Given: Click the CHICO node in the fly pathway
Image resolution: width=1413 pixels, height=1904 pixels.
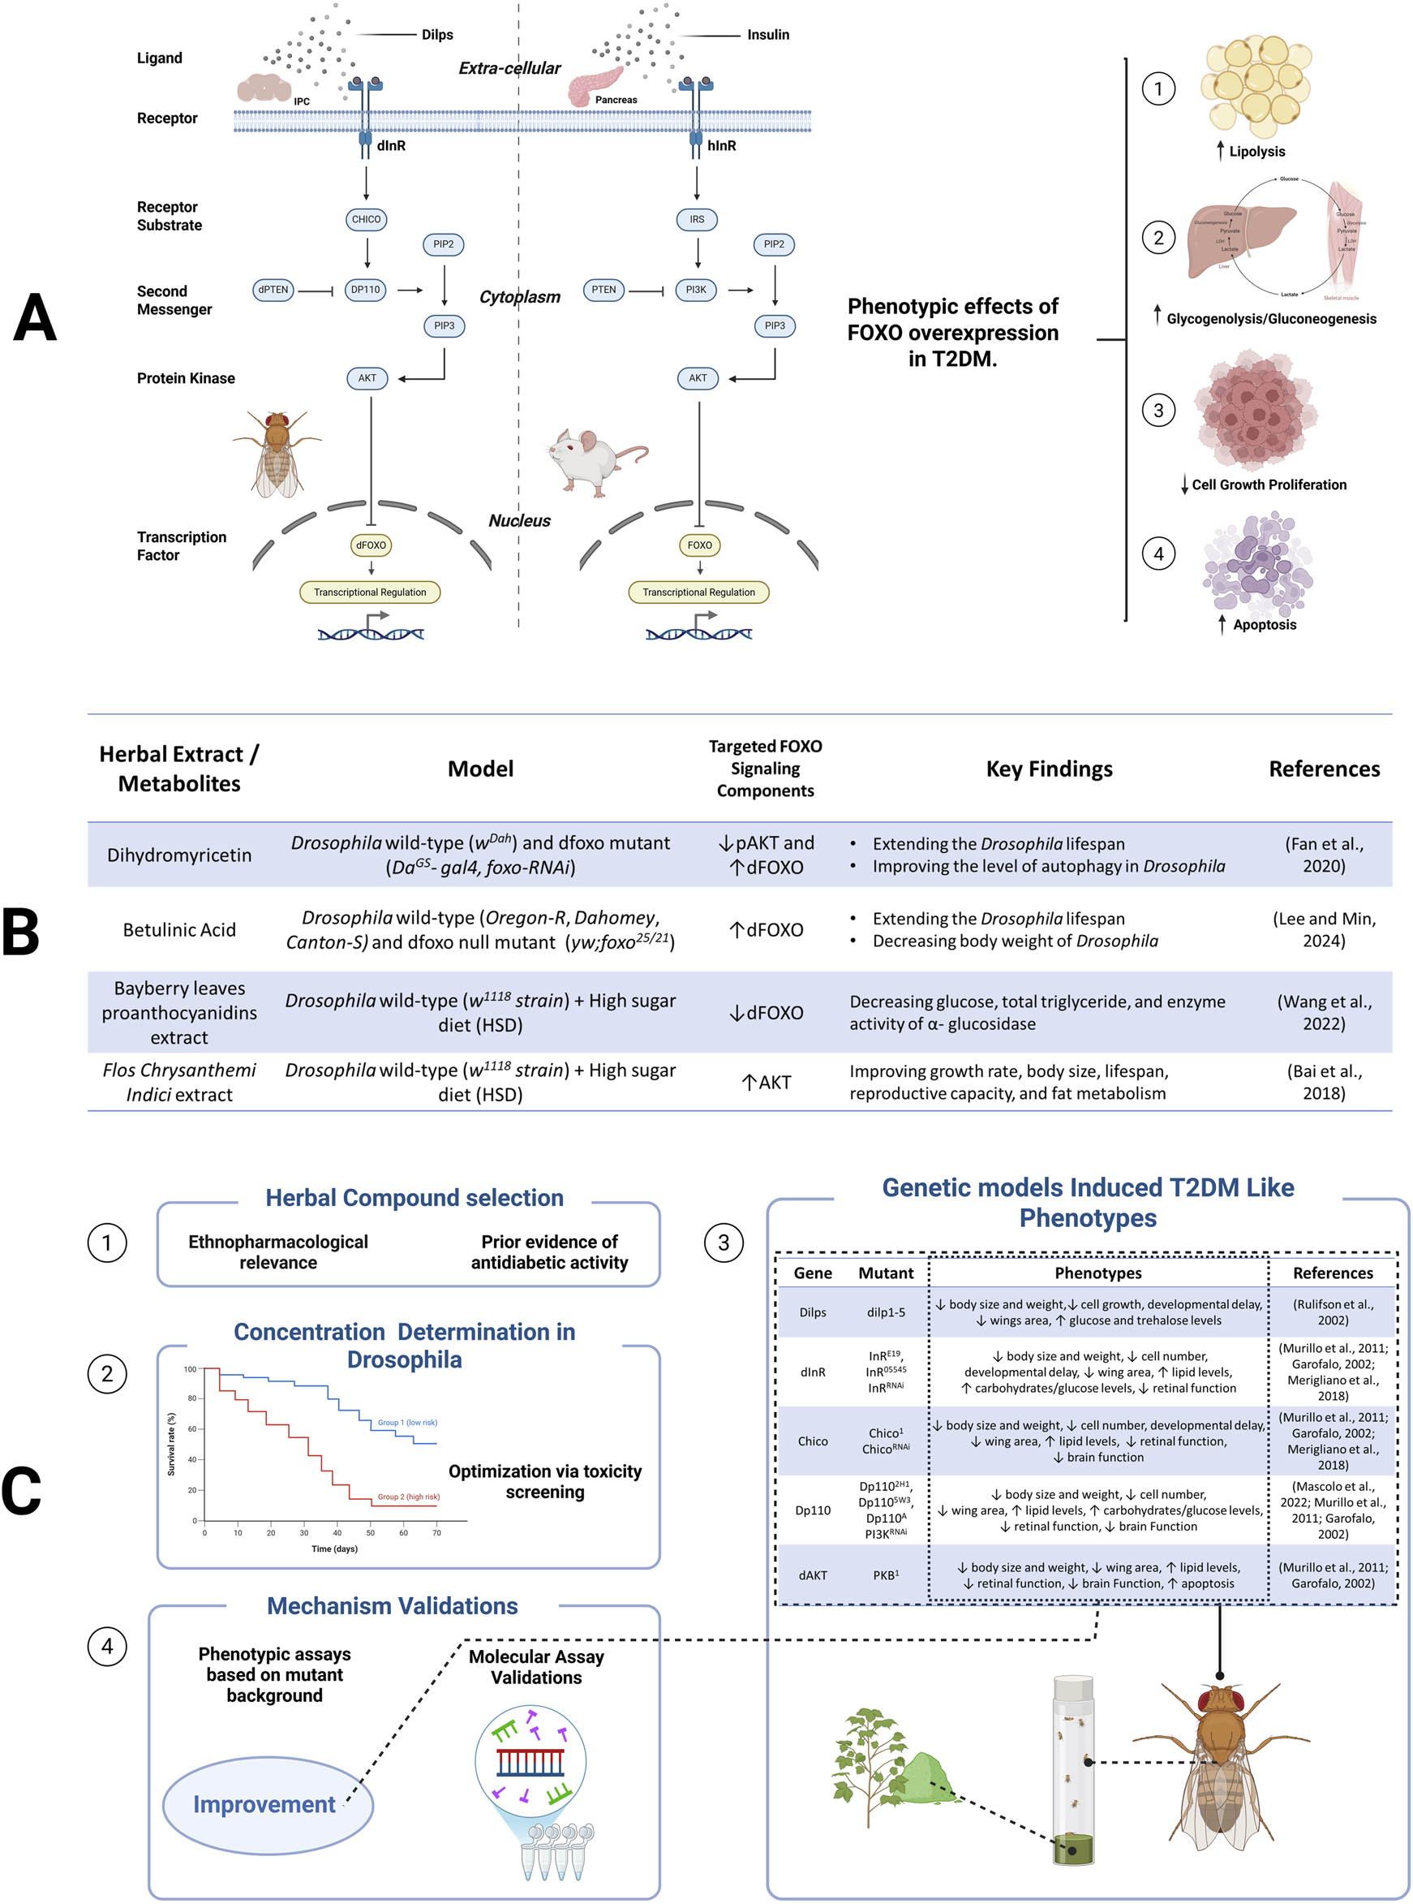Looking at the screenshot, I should (x=366, y=219).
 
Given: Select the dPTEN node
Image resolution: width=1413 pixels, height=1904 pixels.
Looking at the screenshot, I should (x=273, y=290).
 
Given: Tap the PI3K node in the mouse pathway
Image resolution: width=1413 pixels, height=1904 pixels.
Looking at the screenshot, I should (x=696, y=290).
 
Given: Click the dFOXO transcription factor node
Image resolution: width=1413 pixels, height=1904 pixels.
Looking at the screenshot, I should (x=372, y=545).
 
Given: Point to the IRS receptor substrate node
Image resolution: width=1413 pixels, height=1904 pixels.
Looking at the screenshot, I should (x=697, y=219).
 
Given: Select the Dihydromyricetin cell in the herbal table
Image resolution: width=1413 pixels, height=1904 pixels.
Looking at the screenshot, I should (x=178, y=855).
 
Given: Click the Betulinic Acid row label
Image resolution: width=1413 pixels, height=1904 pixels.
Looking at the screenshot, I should (x=178, y=929).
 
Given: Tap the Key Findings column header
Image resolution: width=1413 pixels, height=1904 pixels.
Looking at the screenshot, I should (x=1049, y=769).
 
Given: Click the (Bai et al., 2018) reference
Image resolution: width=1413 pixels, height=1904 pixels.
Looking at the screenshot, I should (x=1323, y=1082).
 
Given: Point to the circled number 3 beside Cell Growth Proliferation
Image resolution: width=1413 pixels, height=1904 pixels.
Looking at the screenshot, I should (x=1158, y=410).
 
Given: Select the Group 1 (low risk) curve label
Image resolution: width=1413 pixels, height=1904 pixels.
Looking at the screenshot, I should (x=407, y=1422).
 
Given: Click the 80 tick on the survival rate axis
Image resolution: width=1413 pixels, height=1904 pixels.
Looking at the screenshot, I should (x=191, y=1398).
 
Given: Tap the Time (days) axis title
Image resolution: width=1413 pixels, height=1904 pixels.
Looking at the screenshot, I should (x=334, y=1549).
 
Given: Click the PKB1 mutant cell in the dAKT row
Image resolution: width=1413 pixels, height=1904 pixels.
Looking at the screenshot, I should (x=885, y=1575).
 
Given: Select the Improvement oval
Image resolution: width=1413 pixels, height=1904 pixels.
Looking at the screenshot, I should (x=267, y=1804).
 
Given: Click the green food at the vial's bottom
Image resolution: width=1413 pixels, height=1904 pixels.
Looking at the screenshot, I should (x=1072, y=1850).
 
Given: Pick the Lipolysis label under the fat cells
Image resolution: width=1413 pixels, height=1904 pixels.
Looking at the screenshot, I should (x=1256, y=152).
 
